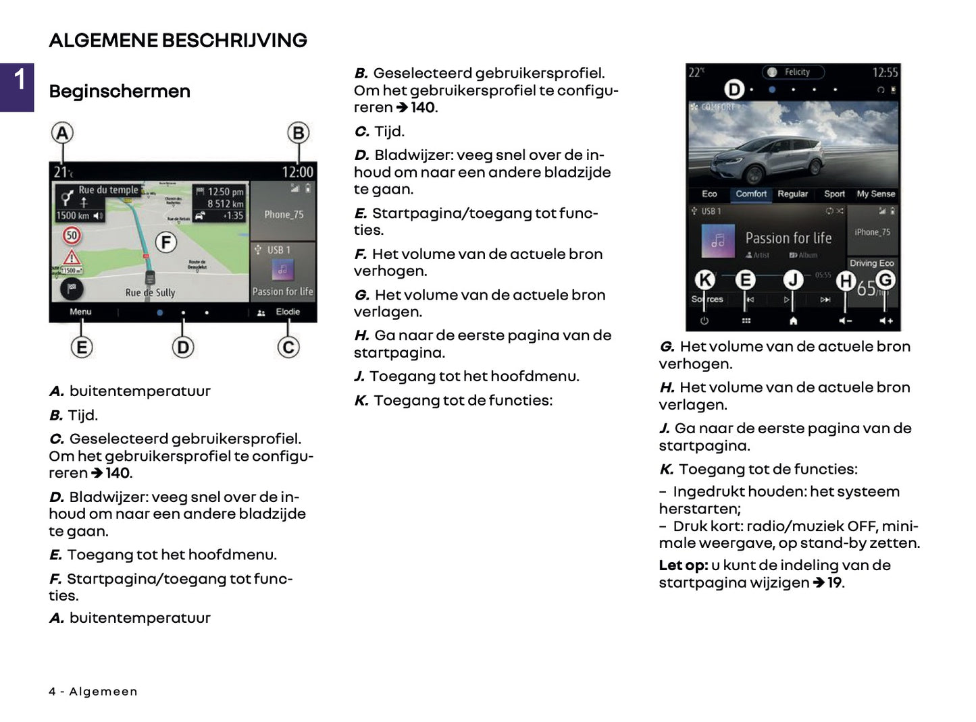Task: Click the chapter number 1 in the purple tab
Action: [20, 80]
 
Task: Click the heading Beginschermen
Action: [120, 92]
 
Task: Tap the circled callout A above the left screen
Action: [62, 133]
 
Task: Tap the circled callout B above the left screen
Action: [298, 133]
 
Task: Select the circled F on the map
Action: [166, 242]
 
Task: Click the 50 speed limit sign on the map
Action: [72, 235]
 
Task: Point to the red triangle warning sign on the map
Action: [72, 257]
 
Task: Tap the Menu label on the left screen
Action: [80, 312]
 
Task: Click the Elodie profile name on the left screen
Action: [287, 312]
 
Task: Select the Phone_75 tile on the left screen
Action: [284, 215]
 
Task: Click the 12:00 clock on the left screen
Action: [297, 173]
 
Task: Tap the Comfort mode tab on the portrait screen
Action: [751, 194]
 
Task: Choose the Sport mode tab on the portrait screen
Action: [834, 194]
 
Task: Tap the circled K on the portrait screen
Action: [704, 279]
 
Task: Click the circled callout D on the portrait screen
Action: [734, 89]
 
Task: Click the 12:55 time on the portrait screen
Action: [885, 73]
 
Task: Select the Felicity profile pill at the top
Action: [794, 72]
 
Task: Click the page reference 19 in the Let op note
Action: [835, 583]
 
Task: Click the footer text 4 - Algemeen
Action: [93, 692]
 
